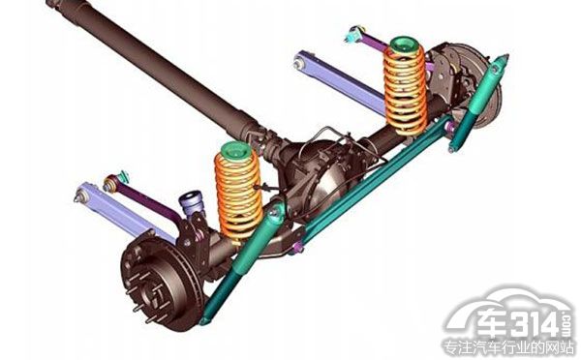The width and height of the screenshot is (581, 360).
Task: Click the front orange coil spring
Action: (x=239, y=196)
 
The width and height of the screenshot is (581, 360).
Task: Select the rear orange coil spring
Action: (x=405, y=89)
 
